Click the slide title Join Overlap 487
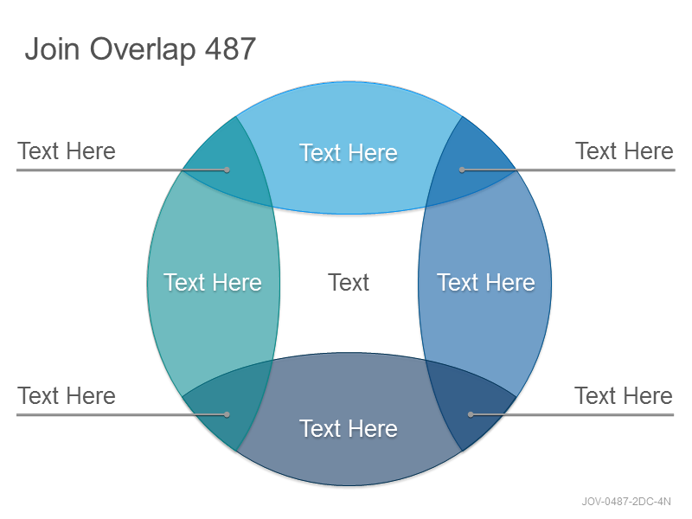click(140, 49)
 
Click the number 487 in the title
click(230, 48)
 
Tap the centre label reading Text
click(349, 283)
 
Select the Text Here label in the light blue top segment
click(349, 153)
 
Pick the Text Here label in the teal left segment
click(213, 283)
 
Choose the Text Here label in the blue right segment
click(486, 283)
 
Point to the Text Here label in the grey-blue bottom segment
click(349, 428)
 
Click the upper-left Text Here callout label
click(67, 151)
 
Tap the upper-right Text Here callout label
click(625, 151)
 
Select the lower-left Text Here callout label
click(67, 396)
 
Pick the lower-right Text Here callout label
click(624, 396)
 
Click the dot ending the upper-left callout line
click(227, 170)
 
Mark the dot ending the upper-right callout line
click(462, 170)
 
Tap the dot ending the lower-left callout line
click(227, 415)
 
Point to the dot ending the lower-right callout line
click(471, 415)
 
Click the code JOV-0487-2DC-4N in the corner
click(626, 502)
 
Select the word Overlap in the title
click(143, 49)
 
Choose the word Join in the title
click(52, 48)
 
